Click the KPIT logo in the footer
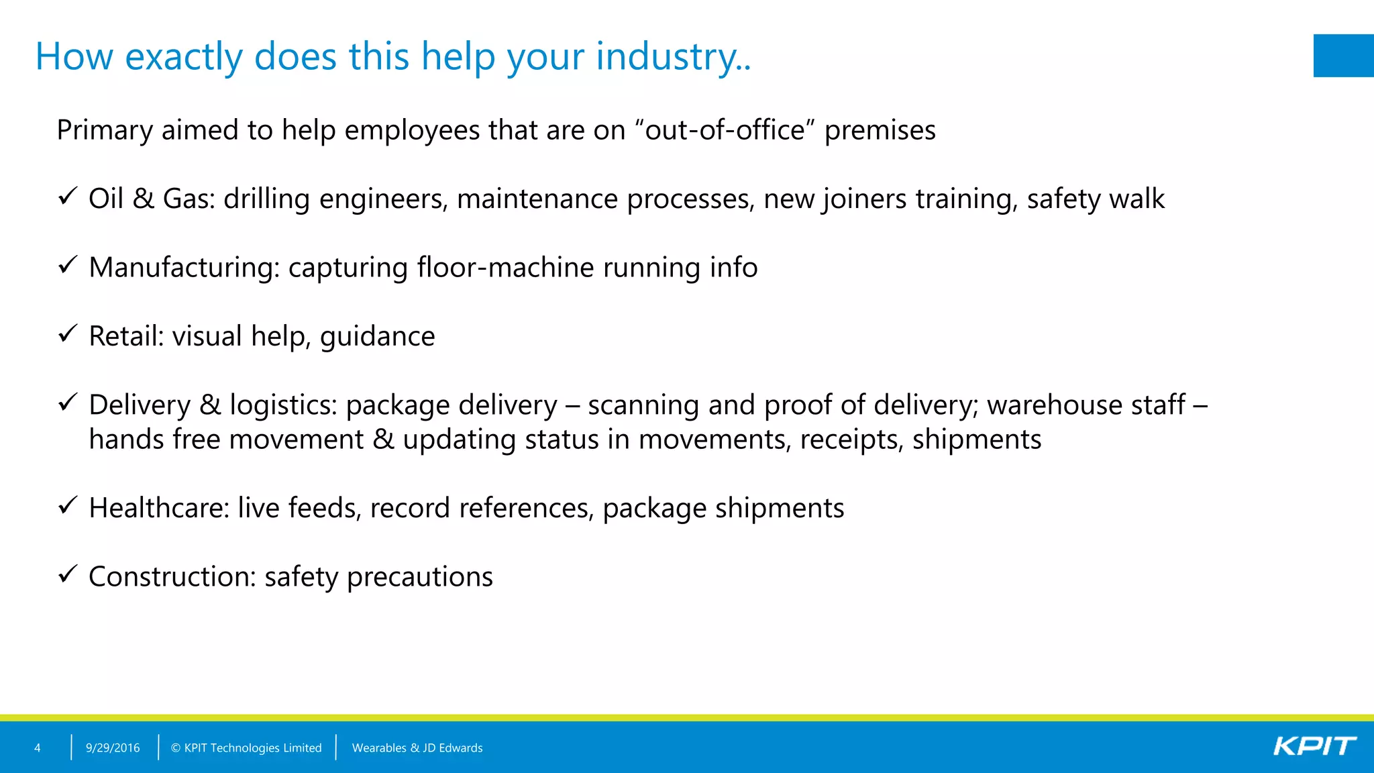click(x=1314, y=746)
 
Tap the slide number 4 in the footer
click(x=38, y=748)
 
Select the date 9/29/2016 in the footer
click(x=113, y=748)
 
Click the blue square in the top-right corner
click(x=1343, y=56)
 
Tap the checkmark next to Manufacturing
click(x=68, y=265)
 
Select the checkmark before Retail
click(x=68, y=333)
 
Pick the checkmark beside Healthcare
click(x=68, y=505)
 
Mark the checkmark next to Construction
click(x=68, y=574)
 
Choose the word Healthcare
click(x=159, y=508)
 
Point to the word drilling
click(x=266, y=199)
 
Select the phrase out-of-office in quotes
click(x=725, y=130)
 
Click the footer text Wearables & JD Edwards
click(x=417, y=748)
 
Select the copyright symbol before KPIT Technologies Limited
click(x=176, y=748)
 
